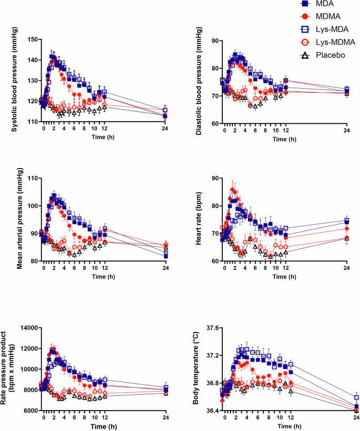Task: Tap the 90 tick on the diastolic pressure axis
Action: pos(215,40)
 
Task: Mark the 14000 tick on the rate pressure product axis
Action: pos(28,328)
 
